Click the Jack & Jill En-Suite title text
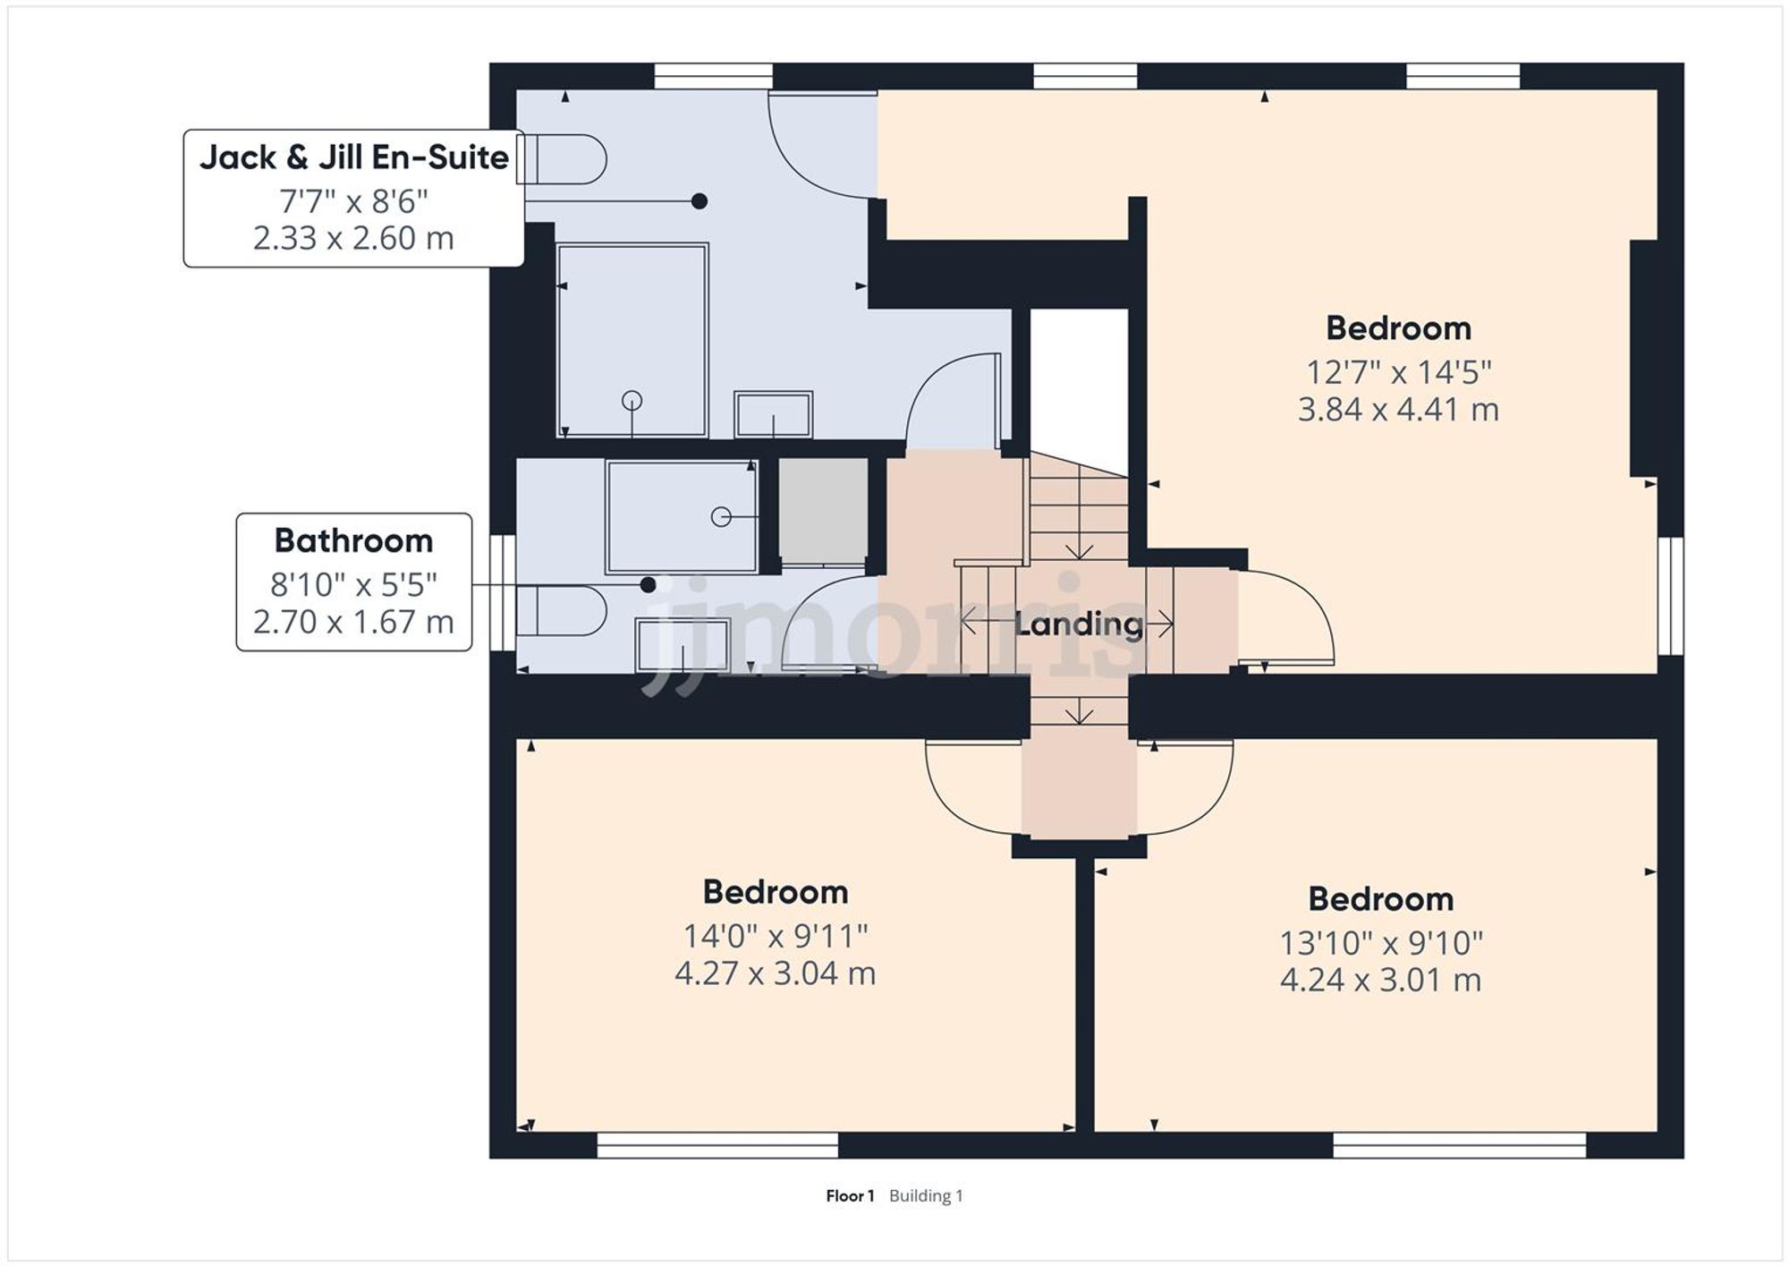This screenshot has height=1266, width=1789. click(353, 157)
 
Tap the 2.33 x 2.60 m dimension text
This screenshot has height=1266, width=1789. click(353, 238)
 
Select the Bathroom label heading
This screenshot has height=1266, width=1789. click(353, 540)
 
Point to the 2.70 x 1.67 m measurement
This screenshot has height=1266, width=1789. click(353, 622)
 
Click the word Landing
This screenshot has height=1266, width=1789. click(1079, 624)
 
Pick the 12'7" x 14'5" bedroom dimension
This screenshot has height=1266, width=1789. click(1398, 371)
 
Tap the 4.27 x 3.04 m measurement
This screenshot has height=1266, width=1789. click(775, 973)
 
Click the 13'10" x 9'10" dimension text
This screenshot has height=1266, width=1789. click(1380, 943)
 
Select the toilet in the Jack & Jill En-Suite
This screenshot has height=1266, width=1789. click(564, 160)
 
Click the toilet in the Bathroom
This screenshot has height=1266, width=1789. click(562, 610)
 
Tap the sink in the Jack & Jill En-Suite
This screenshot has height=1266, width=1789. click(773, 415)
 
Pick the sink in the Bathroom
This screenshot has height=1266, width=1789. click(683, 644)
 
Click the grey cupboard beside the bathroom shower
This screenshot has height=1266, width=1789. click(823, 512)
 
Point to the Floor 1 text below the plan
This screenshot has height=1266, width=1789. click(849, 1196)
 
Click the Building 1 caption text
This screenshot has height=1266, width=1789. click(926, 1196)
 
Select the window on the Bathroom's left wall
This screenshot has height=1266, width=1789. click(504, 592)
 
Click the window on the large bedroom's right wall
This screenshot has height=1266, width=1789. click(1671, 596)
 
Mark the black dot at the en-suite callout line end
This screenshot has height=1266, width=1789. click(699, 201)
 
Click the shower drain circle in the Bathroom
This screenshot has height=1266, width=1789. click(720, 517)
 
